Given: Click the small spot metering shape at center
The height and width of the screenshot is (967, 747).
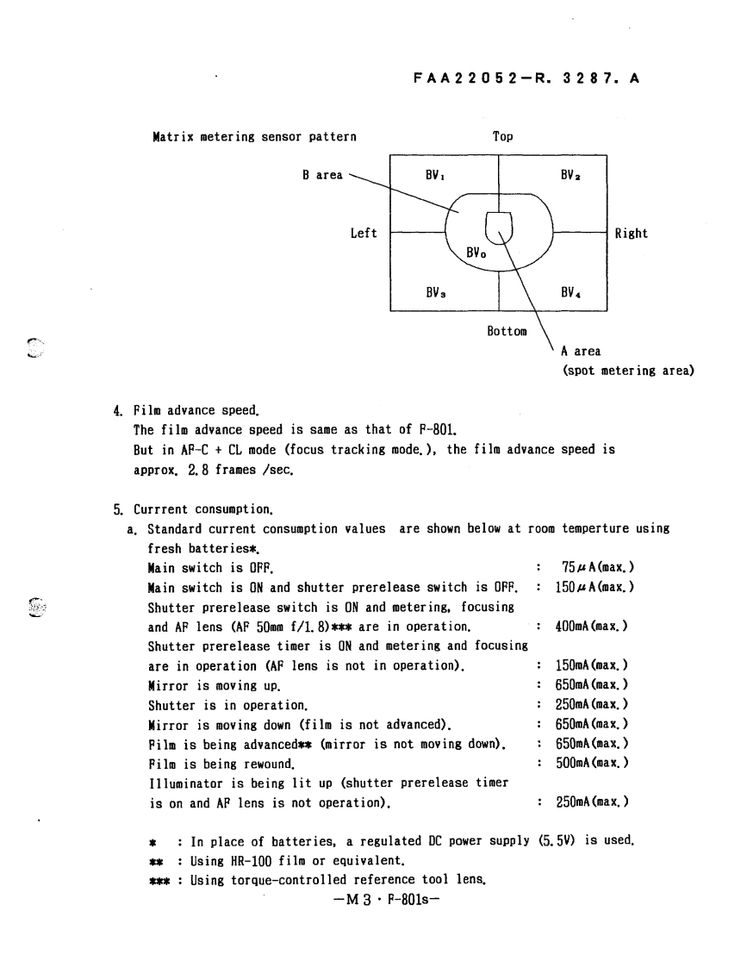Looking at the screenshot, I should pyautogui.click(x=499, y=227).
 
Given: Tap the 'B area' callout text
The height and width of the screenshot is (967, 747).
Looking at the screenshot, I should pyautogui.click(x=321, y=175).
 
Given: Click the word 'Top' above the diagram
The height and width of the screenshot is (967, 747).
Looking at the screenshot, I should pyautogui.click(x=502, y=136).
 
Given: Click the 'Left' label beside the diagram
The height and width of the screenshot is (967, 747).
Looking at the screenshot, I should pyautogui.click(x=364, y=234).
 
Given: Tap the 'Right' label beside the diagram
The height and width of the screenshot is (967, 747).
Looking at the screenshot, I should pyautogui.click(x=631, y=234).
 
